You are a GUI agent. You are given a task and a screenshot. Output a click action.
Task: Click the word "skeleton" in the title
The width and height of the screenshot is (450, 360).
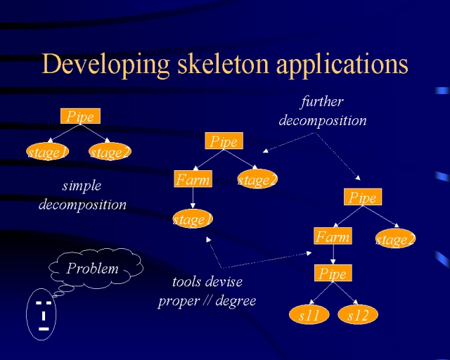coord(223,64)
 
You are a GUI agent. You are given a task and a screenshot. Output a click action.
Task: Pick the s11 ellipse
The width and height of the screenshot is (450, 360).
coord(309,314)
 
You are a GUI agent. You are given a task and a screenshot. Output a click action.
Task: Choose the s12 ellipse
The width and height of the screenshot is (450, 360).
coord(358,314)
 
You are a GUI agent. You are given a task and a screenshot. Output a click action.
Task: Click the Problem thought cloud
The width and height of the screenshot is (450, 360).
coord(96,268)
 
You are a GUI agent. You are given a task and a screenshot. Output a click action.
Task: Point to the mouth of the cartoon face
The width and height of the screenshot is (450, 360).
coord(44,328)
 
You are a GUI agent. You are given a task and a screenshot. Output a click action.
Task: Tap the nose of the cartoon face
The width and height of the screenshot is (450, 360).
coord(44,316)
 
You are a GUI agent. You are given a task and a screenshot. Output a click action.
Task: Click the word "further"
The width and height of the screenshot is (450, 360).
coord(322,102)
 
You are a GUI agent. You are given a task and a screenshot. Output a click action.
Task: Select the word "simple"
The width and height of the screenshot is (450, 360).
coord(82,186)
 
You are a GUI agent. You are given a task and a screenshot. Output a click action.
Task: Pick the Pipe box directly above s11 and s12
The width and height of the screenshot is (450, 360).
coord(333,273)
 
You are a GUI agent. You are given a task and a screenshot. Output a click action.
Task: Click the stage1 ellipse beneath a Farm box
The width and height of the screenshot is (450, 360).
coord(193,219)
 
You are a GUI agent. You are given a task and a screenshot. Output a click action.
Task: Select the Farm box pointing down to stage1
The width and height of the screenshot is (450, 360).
coord(193,179)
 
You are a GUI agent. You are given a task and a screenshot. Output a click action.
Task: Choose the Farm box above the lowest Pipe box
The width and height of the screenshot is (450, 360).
coord(333,236)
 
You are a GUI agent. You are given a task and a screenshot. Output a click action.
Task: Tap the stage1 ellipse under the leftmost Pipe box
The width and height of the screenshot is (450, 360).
coord(47,152)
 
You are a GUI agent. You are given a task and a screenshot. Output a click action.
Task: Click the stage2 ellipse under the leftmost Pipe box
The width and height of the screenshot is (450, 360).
coord(110,152)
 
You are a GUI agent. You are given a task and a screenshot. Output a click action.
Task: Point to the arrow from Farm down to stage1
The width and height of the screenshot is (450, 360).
coord(193,198)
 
